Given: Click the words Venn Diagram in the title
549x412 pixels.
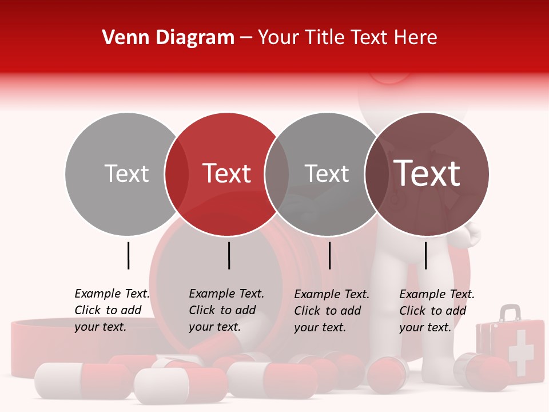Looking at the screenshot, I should pyautogui.click(x=168, y=38).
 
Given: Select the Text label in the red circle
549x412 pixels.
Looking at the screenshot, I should pyautogui.click(x=227, y=173).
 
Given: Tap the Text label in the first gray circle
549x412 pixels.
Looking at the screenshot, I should pyautogui.click(x=126, y=173).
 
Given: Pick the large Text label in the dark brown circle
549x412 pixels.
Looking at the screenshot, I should pyautogui.click(x=427, y=173).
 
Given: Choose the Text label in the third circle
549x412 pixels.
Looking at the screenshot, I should pyautogui.click(x=327, y=173).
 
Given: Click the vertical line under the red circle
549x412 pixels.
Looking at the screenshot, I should pyautogui.click(x=229, y=255).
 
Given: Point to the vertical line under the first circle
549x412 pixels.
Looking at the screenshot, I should pyautogui.click(x=129, y=255).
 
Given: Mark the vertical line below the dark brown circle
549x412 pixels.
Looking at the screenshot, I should pyautogui.click(x=426, y=255).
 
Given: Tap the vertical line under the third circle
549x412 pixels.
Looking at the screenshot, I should pyautogui.click(x=330, y=255).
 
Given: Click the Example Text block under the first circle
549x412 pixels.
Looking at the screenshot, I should pyautogui.click(x=112, y=310).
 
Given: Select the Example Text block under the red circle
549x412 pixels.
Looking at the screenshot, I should pyautogui.click(x=226, y=310).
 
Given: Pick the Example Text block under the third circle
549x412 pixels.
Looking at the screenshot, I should pyautogui.click(x=331, y=311).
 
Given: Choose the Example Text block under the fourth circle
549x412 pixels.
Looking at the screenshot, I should pyautogui.click(x=436, y=311).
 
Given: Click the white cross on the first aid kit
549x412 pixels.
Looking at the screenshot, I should pyautogui.click(x=520, y=352).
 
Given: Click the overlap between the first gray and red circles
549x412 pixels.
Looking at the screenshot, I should pyautogui.click(x=176, y=173).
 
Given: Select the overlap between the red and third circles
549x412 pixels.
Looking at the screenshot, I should pyautogui.click(x=277, y=173).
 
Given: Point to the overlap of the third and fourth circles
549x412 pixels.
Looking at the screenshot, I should pyautogui.click(x=376, y=173).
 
